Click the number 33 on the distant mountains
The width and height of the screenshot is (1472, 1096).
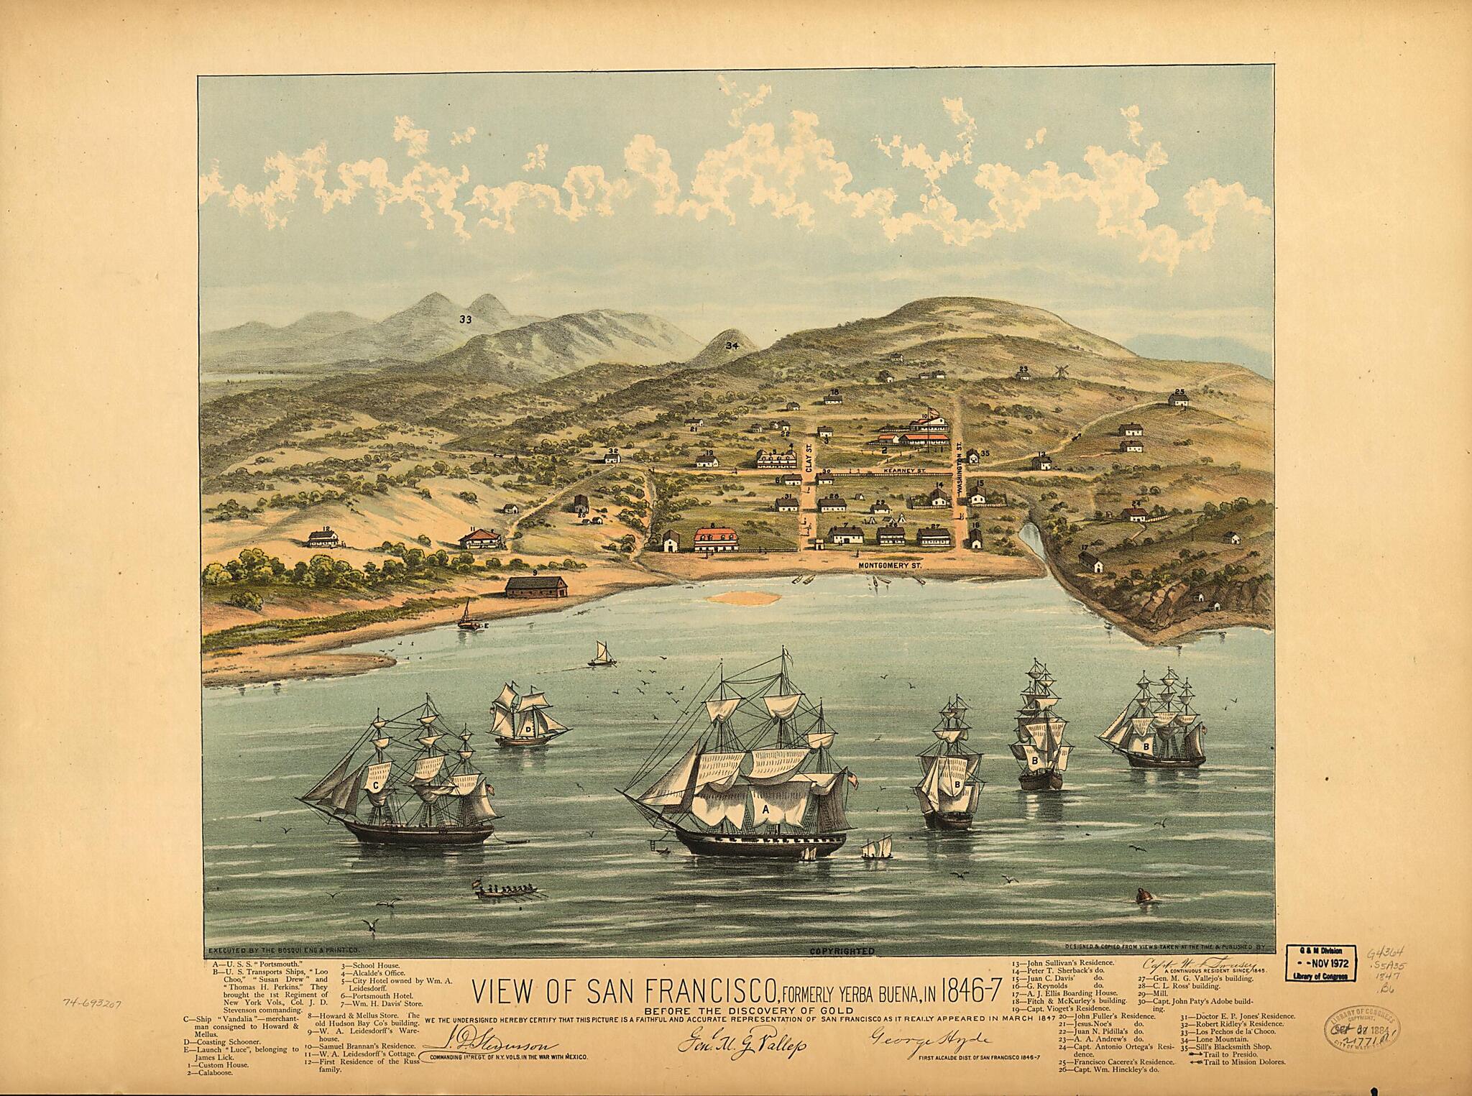click(466, 320)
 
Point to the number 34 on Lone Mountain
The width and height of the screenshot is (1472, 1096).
click(732, 346)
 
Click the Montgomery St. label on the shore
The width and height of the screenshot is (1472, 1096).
click(890, 566)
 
